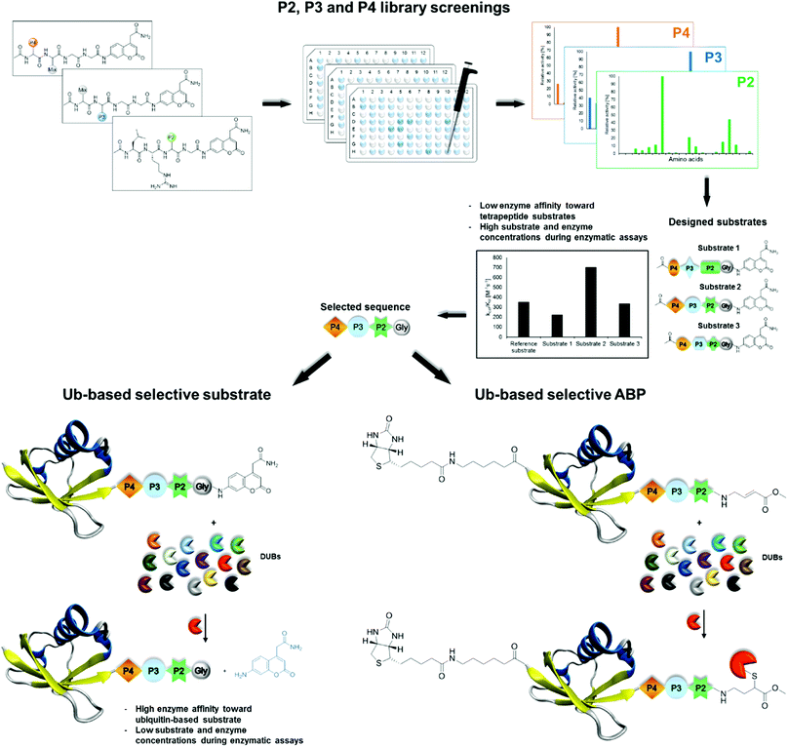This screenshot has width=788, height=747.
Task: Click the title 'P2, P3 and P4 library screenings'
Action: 394,10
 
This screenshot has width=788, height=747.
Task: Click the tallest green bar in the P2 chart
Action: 662,114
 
